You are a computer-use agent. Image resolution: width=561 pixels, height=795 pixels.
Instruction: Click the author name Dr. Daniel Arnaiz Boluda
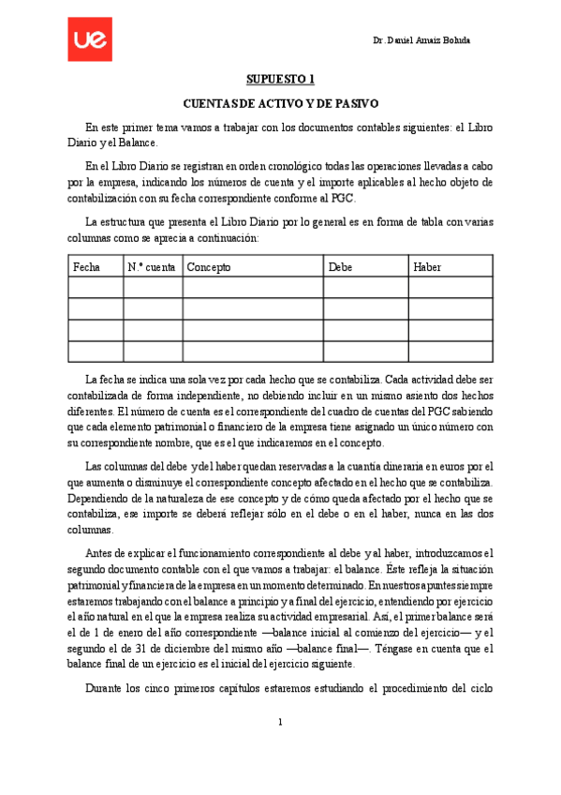(421, 41)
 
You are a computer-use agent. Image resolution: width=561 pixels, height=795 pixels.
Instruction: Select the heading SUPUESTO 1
(280, 80)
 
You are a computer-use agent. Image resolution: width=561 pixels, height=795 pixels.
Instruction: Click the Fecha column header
(87, 267)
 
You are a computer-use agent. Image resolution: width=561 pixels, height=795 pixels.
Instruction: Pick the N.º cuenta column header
(152, 267)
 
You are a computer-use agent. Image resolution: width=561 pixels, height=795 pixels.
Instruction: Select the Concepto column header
(209, 267)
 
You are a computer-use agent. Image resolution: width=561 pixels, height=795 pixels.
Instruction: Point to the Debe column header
(341, 267)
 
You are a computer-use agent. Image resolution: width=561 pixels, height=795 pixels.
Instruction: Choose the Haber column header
(427, 267)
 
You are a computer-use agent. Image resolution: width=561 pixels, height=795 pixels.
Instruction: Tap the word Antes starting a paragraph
(100, 553)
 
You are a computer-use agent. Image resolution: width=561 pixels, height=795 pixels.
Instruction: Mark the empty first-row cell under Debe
(365, 288)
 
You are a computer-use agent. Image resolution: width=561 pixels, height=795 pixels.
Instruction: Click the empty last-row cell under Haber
(450, 352)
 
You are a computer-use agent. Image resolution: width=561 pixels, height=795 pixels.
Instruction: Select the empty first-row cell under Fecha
(96, 288)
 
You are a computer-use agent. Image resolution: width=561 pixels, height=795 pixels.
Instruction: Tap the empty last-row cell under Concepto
(253, 352)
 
